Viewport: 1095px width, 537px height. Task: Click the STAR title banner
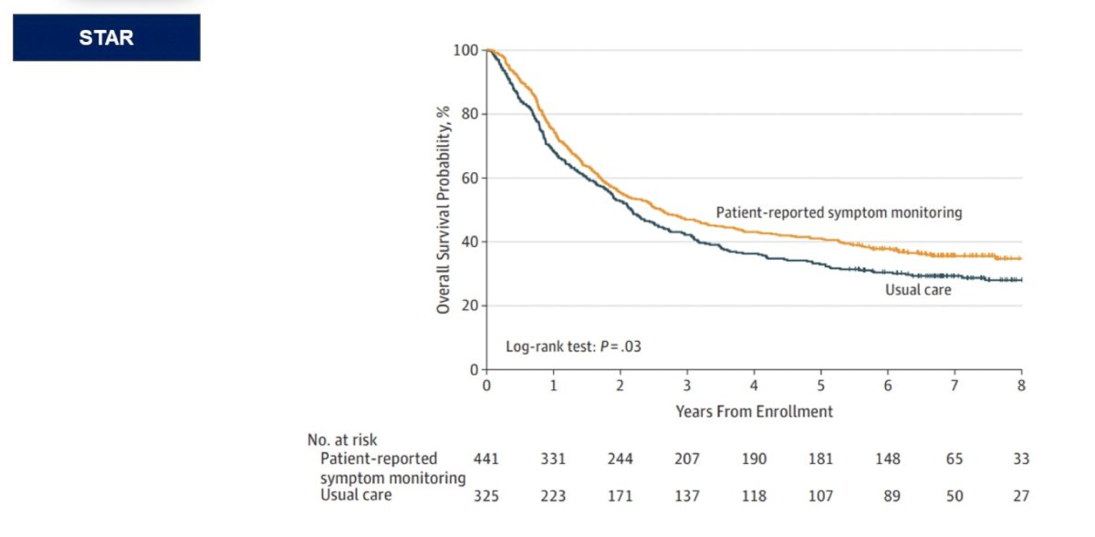tap(107, 37)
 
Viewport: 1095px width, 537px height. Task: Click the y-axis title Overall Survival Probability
tap(443, 210)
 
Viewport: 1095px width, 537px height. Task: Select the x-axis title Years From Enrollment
tap(755, 411)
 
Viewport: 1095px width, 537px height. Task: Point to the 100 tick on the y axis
tap(466, 50)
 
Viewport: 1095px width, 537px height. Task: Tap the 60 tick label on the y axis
tap(470, 179)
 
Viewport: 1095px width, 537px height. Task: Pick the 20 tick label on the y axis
tap(470, 305)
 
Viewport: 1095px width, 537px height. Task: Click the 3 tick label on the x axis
tap(687, 386)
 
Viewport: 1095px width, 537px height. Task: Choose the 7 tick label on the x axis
tap(954, 386)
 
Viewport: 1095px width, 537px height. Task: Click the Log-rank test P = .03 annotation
tap(573, 346)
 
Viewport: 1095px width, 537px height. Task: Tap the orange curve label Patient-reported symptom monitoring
tap(839, 212)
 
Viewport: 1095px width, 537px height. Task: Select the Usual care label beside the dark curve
tap(918, 290)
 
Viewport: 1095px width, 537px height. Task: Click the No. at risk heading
tap(342, 439)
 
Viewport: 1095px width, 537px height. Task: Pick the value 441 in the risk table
tap(485, 459)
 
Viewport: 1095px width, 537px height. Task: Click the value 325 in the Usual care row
tap(485, 496)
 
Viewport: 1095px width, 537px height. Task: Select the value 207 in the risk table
tap(687, 459)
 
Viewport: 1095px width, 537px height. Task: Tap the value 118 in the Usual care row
tap(754, 496)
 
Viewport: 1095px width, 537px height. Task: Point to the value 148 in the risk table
tap(887, 459)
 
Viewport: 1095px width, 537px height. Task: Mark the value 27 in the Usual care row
tap(1021, 496)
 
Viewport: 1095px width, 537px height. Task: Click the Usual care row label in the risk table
tap(356, 495)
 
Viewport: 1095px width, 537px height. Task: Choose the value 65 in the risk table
tap(954, 459)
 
